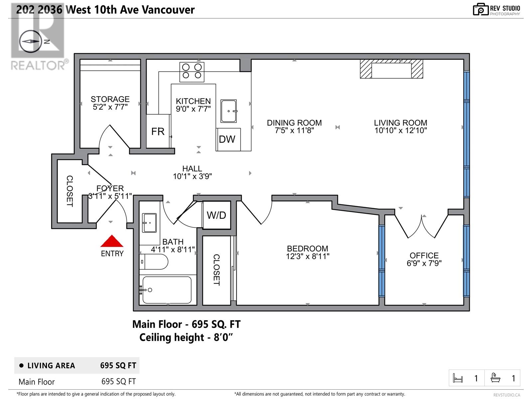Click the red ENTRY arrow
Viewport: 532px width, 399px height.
pyautogui.click(x=112, y=242)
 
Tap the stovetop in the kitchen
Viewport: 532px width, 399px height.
pyautogui.click(x=192, y=71)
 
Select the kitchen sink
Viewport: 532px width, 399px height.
pyautogui.click(x=229, y=111)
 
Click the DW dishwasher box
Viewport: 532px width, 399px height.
pyautogui.click(x=228, y=139)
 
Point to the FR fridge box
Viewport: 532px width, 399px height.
pyautogui.click(x=158, y=131)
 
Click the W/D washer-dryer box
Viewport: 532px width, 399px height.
pyautogui.click(x=216, y=215)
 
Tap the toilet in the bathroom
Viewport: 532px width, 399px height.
pyautogui.click(x=155, y=262)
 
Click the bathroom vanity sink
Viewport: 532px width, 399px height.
pyautogui.click(x=149, y=223)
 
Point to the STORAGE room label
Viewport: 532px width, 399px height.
pyautogui.click(x=110, y=99)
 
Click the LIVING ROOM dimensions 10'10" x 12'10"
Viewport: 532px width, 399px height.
pyautogui.click(x=400, y=131)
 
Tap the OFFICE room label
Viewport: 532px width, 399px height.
pyautogui.click(x=424, y=255)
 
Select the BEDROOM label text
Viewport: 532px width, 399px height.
pyautogui.click(x=307, y=248)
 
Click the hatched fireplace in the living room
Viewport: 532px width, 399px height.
pyautogui.click(x=391, y=69)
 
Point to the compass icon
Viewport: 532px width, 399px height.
pyautogui.click(x=30, y=42)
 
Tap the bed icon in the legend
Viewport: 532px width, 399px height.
pyautogui.click(x=458, y=378)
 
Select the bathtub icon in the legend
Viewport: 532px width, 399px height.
pyautogui.click(x=495, y=378)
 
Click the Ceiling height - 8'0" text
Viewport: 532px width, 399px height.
pyautogui.click(x=186, y=337)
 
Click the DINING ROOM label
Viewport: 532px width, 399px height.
pyautogui.click(x=294, y=123)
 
